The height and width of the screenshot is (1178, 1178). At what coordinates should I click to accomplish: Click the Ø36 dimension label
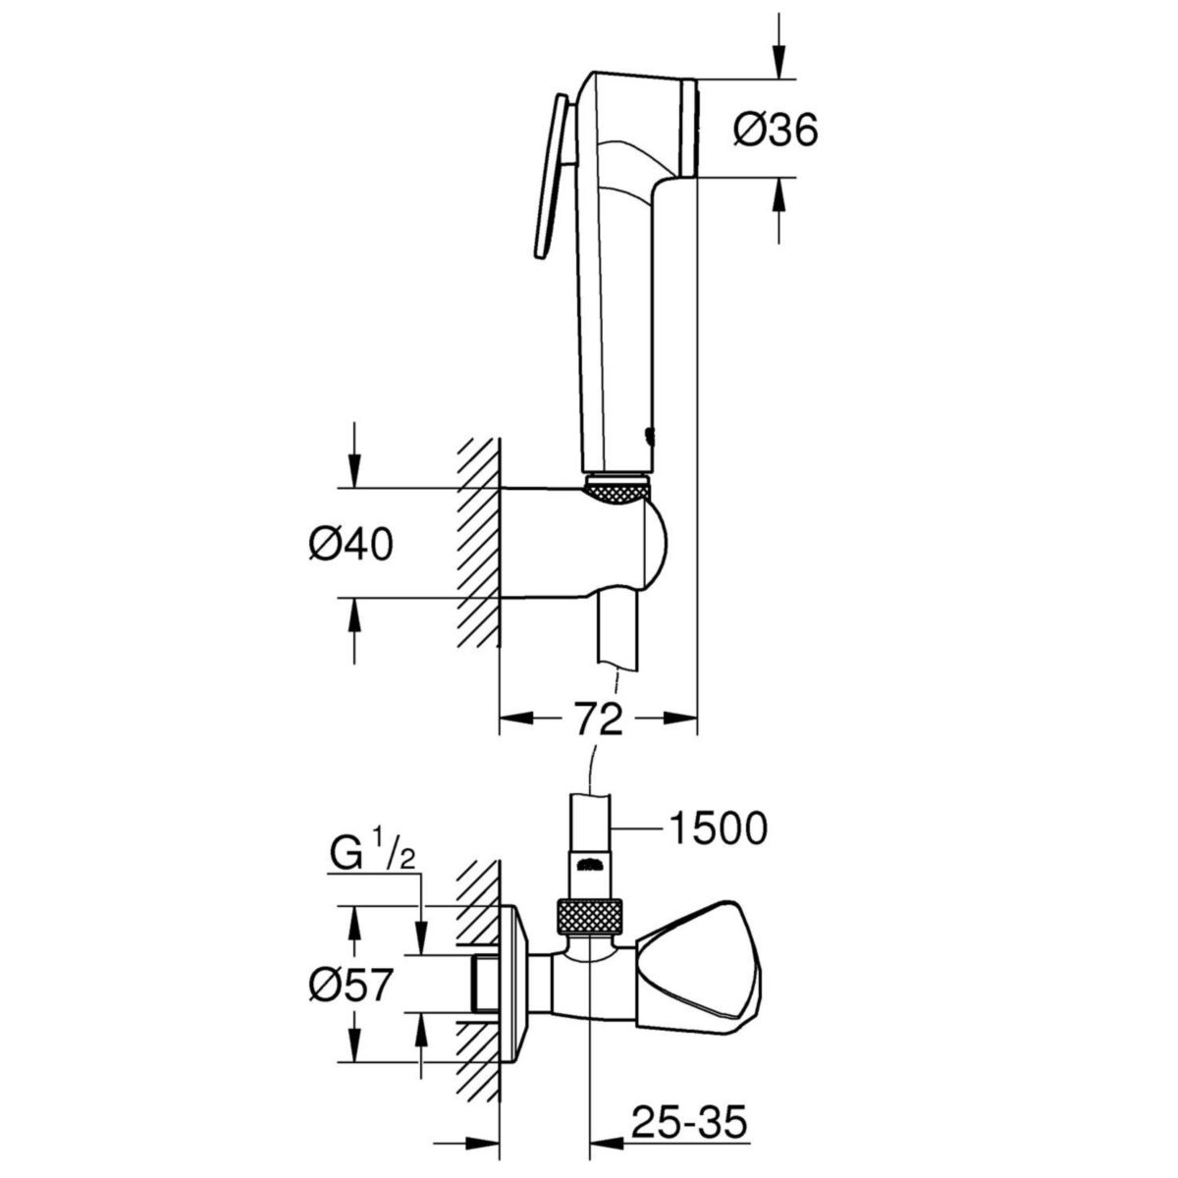776,129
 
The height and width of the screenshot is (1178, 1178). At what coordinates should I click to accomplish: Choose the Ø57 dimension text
350,984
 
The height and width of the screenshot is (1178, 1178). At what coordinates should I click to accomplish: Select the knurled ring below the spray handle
616,491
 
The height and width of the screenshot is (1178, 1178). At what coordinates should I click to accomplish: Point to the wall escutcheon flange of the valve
515,982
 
